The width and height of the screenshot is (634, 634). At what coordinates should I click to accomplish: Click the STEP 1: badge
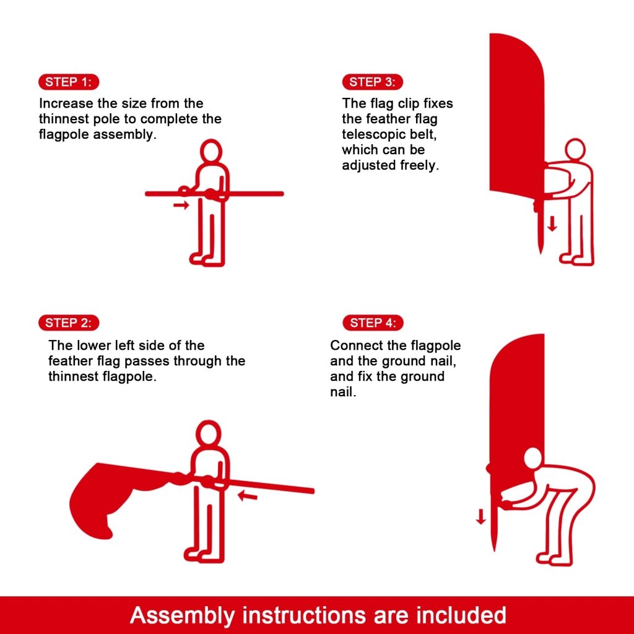[x=69, y=82]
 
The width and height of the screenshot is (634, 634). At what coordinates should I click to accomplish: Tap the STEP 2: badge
[x=69, y=323]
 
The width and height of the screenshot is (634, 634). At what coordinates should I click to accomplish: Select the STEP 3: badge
[x=372, y=82]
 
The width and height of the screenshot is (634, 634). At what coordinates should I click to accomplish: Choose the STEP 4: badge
[x=373, y=323]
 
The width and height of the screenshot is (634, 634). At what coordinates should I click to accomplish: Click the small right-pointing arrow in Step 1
[x=181, y=205]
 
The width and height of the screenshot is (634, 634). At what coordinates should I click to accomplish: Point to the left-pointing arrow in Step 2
[x=248, y=495]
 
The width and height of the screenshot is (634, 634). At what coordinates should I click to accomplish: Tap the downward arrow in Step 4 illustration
[x=481, y=516]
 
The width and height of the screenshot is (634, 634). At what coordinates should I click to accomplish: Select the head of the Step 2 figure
[x=208, y=433]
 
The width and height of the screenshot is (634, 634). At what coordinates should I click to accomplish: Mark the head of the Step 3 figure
[x=575, y=149]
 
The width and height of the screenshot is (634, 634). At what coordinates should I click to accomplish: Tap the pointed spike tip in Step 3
[x=539, y=252]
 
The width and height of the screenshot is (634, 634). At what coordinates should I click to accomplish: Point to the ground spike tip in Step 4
[x=494, y=548]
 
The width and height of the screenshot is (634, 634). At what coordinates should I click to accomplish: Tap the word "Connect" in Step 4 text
[x=353, y=345]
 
